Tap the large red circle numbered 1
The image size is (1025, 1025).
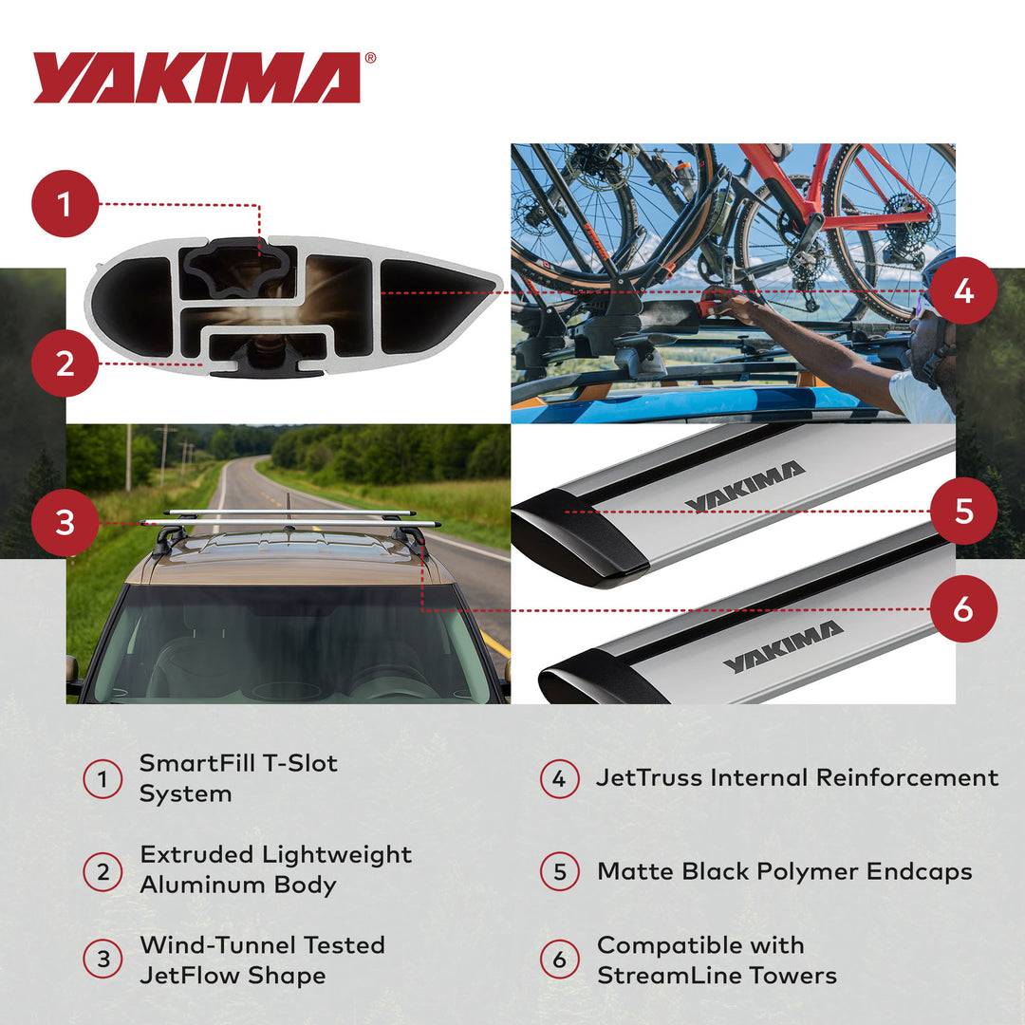(65, 203)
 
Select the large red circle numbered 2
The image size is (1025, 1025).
(65, 363)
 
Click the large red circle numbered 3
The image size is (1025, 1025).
(65, 522)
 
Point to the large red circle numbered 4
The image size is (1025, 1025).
(963, 290)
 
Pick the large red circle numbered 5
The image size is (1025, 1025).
(963, 511)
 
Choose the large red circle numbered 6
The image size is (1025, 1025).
(963, 608)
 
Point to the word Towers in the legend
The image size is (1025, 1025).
(793, 976)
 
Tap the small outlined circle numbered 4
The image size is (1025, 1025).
(559, 779)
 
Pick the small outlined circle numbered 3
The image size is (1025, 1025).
(102, 960)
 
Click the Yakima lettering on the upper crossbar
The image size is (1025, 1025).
(744, 486)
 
